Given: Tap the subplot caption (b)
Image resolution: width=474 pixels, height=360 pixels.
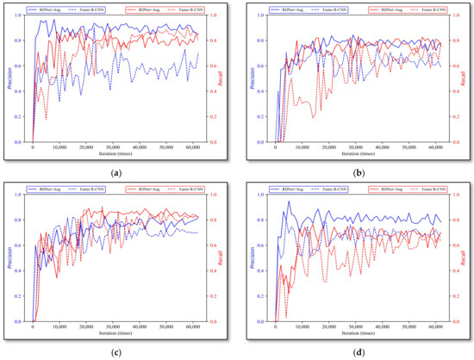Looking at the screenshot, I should pos(358,172).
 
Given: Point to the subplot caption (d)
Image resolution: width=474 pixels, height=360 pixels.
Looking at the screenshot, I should pos(358,352).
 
